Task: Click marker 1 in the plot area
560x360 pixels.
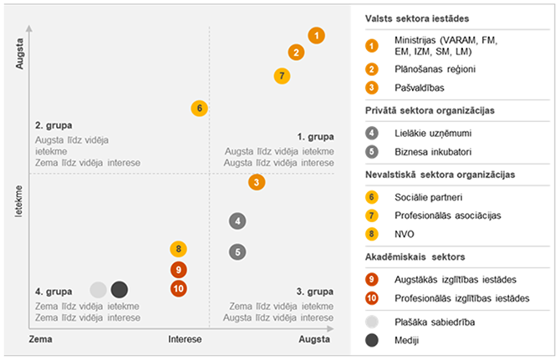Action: pos(316,36)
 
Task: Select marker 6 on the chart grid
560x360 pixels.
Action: pos(199,108)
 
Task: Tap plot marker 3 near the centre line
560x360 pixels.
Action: pos(257,182)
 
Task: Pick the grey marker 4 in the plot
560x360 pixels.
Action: pos(238,221)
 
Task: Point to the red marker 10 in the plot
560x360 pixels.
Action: pos(177,289)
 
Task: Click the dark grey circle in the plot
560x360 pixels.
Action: pos(120,290)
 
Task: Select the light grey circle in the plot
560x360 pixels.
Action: pos(99,290)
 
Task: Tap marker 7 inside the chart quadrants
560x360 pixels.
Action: pos(283,76)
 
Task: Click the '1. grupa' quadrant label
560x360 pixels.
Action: pos(316,137)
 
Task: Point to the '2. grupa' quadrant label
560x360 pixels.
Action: pos(54,125)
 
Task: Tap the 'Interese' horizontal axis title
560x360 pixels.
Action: pos(185,341)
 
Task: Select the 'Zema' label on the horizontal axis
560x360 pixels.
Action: pos(42,341)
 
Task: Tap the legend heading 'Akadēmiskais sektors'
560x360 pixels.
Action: pos(415,256)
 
